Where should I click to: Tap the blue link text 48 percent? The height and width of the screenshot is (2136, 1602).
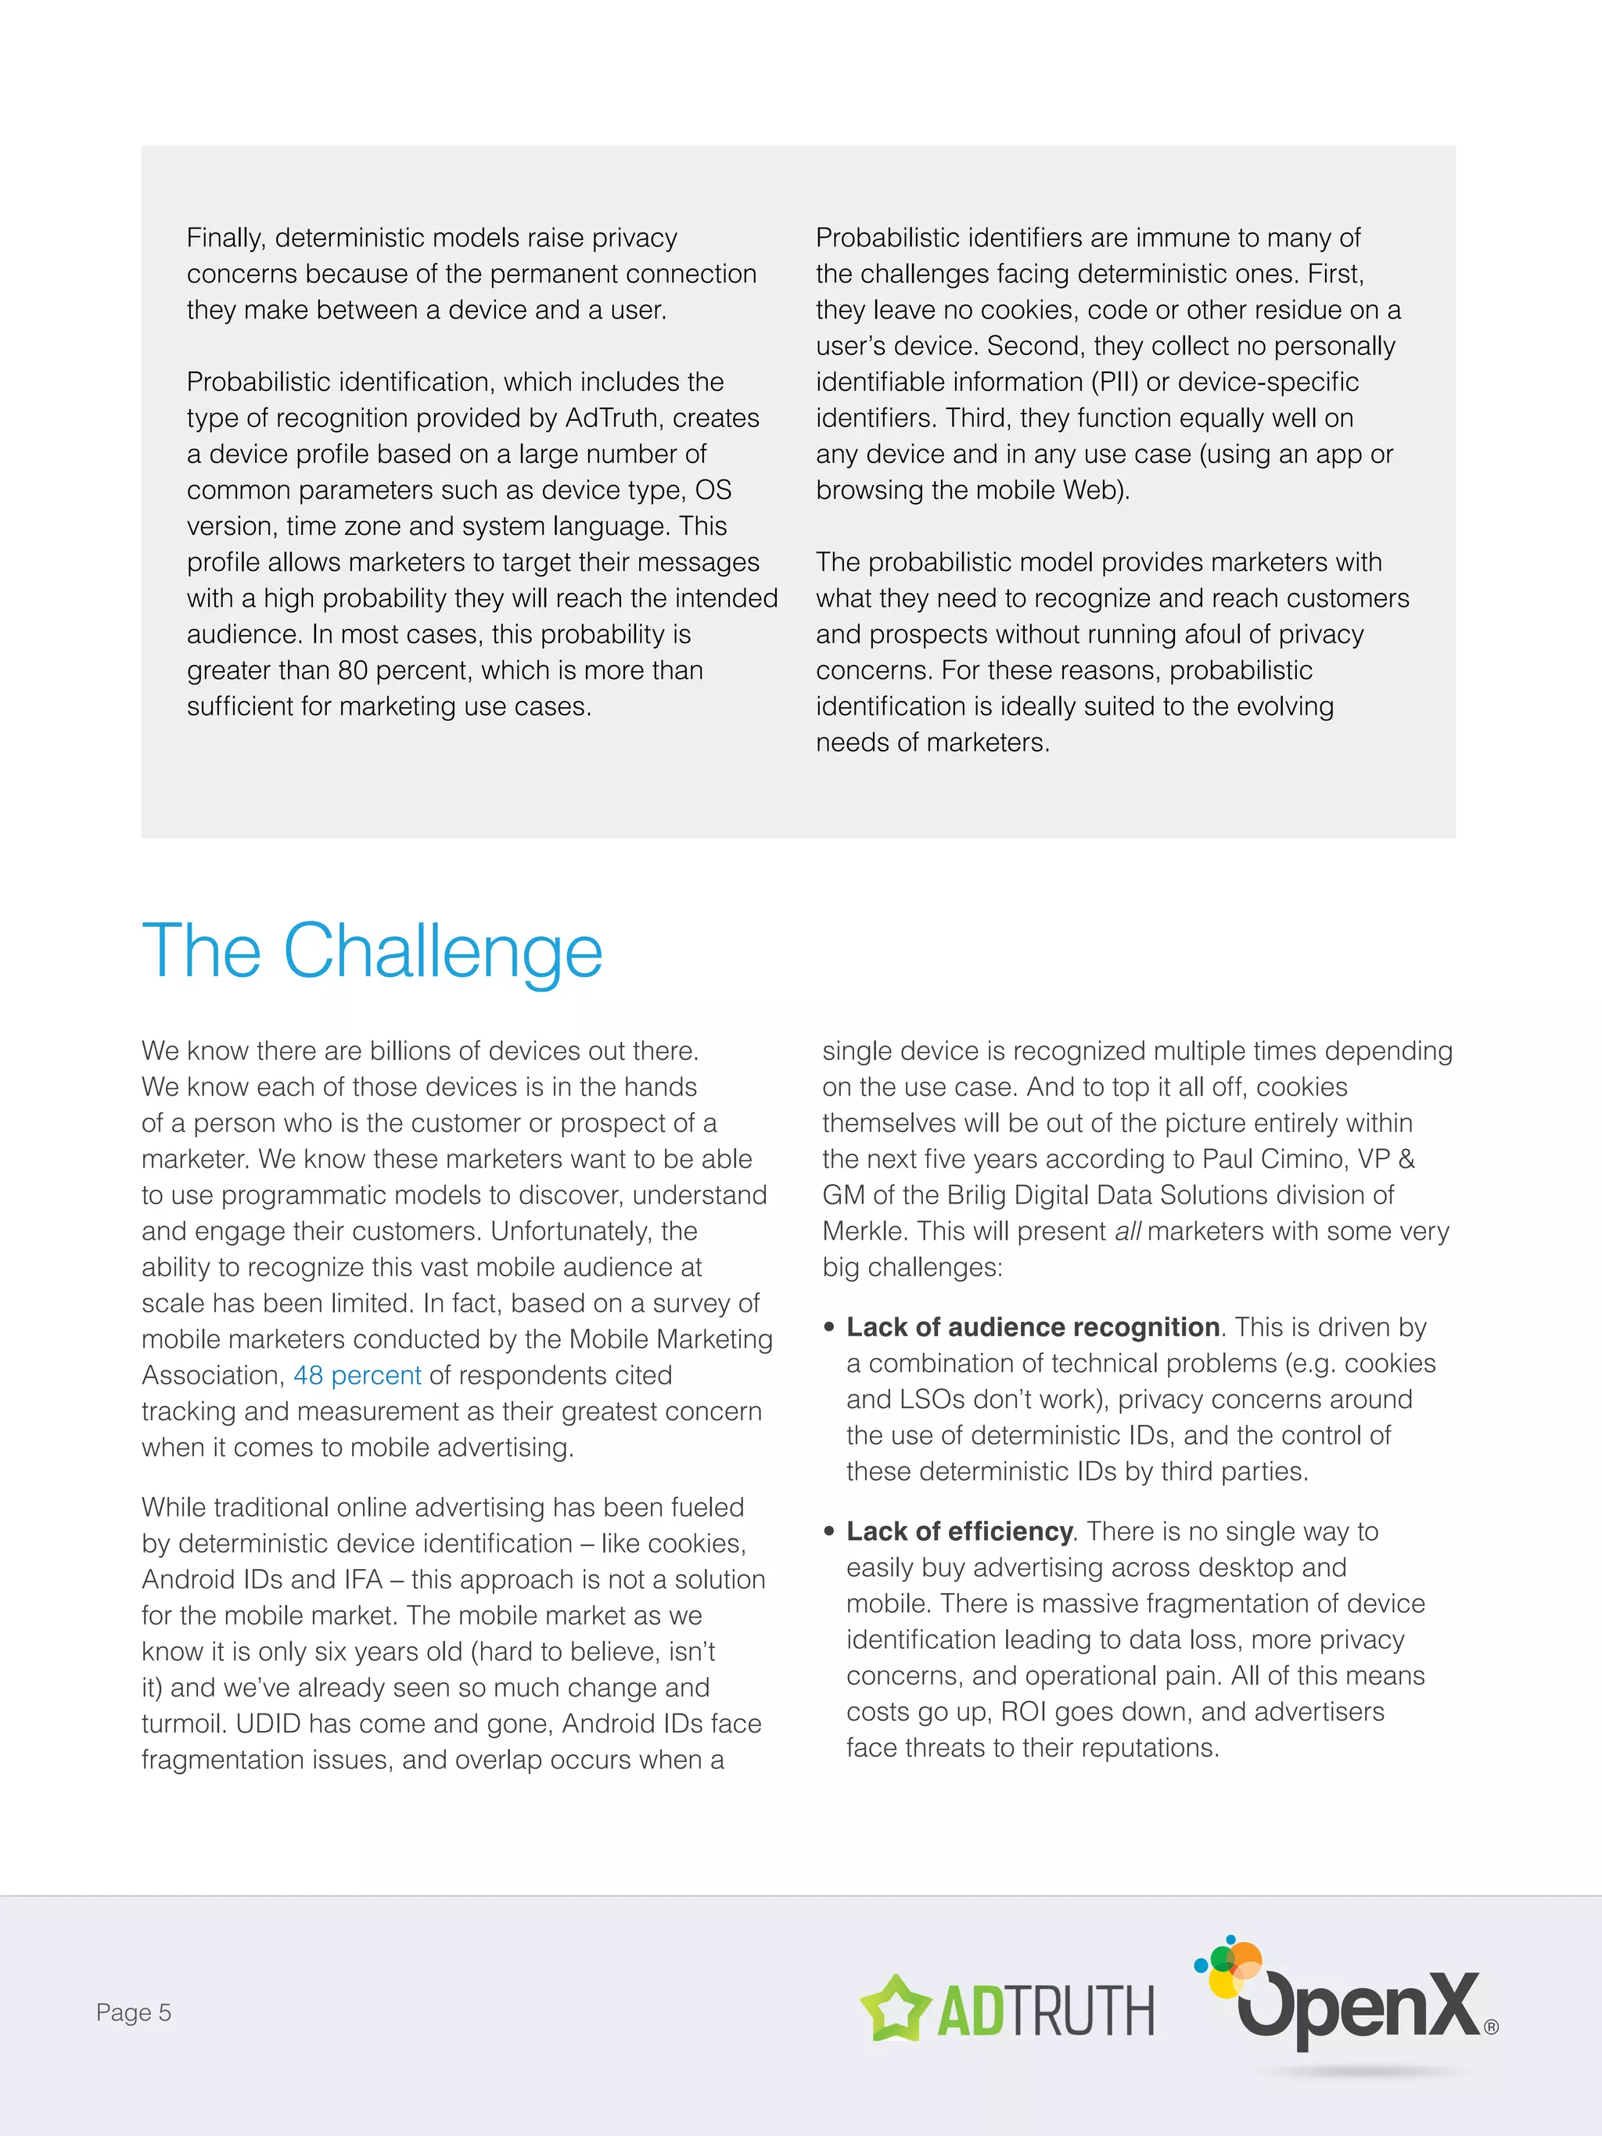point(357,1375)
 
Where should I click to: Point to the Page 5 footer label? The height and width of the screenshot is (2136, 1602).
point(133,2012)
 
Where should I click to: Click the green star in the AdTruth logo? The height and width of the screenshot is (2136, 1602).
point(895,2009)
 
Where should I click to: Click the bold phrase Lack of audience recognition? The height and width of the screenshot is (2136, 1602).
point(1033,1328)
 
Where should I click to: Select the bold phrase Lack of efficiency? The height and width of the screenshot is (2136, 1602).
point(959,1531)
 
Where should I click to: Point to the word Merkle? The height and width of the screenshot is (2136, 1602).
point(862,1231)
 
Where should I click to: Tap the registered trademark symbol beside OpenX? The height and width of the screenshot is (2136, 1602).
point(1491,2027)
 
